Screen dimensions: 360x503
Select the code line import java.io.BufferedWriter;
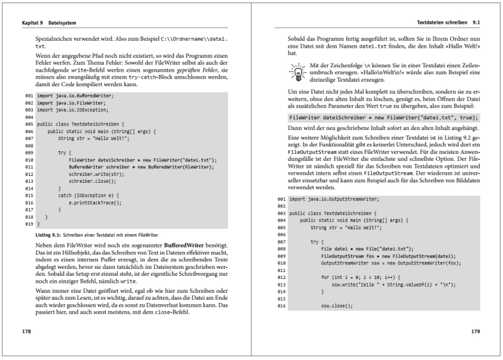(x=75, y=95)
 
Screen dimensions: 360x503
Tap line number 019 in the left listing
(x=28, y=223)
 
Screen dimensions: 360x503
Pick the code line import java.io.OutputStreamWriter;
(x=333, y=199)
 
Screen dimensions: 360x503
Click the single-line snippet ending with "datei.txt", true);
(x=384, y=117)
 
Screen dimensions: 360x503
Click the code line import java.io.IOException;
(x=72, y=109)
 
